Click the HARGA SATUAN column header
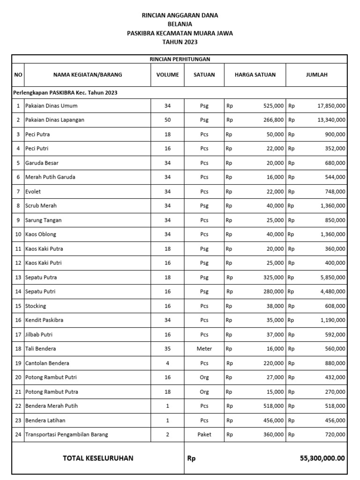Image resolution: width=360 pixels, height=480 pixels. [x=255, y=75]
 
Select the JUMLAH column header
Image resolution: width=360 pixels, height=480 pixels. [x=317, y=75]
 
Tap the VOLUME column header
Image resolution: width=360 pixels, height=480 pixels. [x=167, y=75]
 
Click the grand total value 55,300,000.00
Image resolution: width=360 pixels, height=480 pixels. [x=322, y=458]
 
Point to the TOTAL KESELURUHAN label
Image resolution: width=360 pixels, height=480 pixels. [x=98, y=458]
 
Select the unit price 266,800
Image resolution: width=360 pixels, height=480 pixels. [x=274, y=120]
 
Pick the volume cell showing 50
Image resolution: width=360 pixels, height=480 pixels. [x=167, y=120]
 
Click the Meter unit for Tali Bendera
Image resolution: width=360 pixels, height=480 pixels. [x=204, y=349]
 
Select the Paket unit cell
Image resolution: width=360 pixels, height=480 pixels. [x=204, y=435]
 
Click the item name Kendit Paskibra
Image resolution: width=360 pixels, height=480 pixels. [x=44, y=320]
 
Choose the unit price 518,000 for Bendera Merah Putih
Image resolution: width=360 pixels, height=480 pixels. [x=274, y=406]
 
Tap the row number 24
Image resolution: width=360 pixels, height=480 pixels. [x=18, y=435]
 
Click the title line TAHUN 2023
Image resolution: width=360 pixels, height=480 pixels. [x=180, y=42]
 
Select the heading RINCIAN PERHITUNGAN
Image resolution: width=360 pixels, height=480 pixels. [x=180, y=59]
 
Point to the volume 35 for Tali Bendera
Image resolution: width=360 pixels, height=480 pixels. [x=167, y=349]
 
